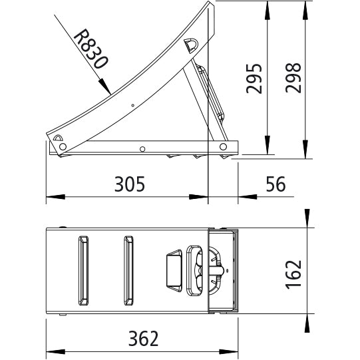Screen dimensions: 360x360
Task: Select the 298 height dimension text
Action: [x=292, y=79]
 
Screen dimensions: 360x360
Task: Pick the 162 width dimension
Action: [x=293, y=271]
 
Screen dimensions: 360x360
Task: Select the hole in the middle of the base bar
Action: [x=142, y=148]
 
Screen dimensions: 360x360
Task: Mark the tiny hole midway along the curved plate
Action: [x=133, y=104]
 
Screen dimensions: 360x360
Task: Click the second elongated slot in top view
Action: [x=128, y=270]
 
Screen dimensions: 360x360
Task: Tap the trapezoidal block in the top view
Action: [x=172, y=270]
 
